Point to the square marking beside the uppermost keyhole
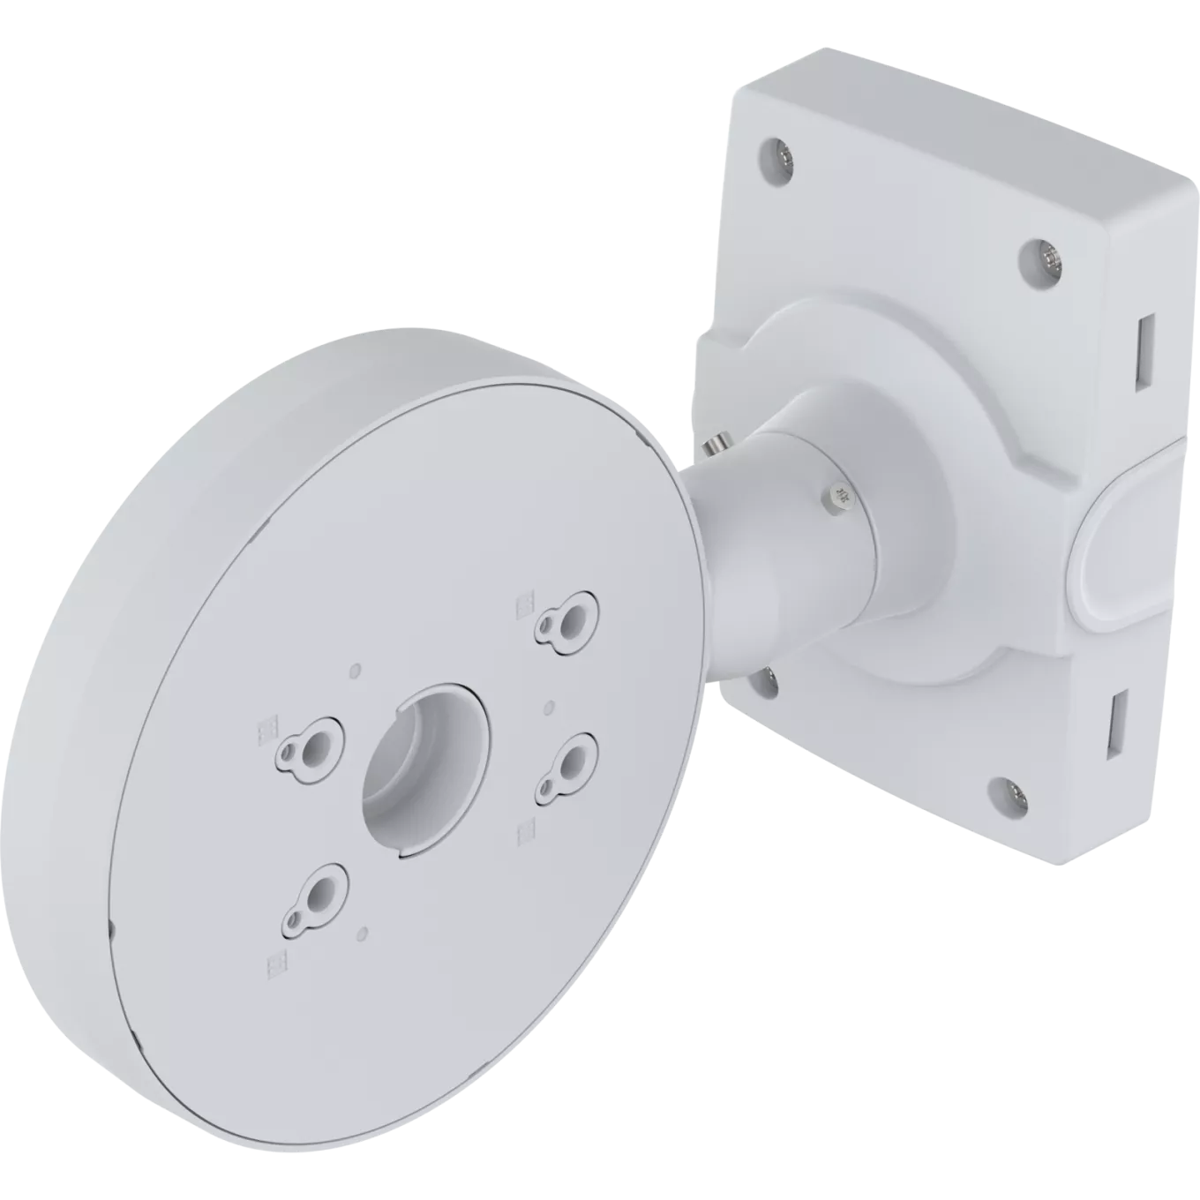pos(522,602)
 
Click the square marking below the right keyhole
pos(527,829)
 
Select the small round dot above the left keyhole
pos(355,670)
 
